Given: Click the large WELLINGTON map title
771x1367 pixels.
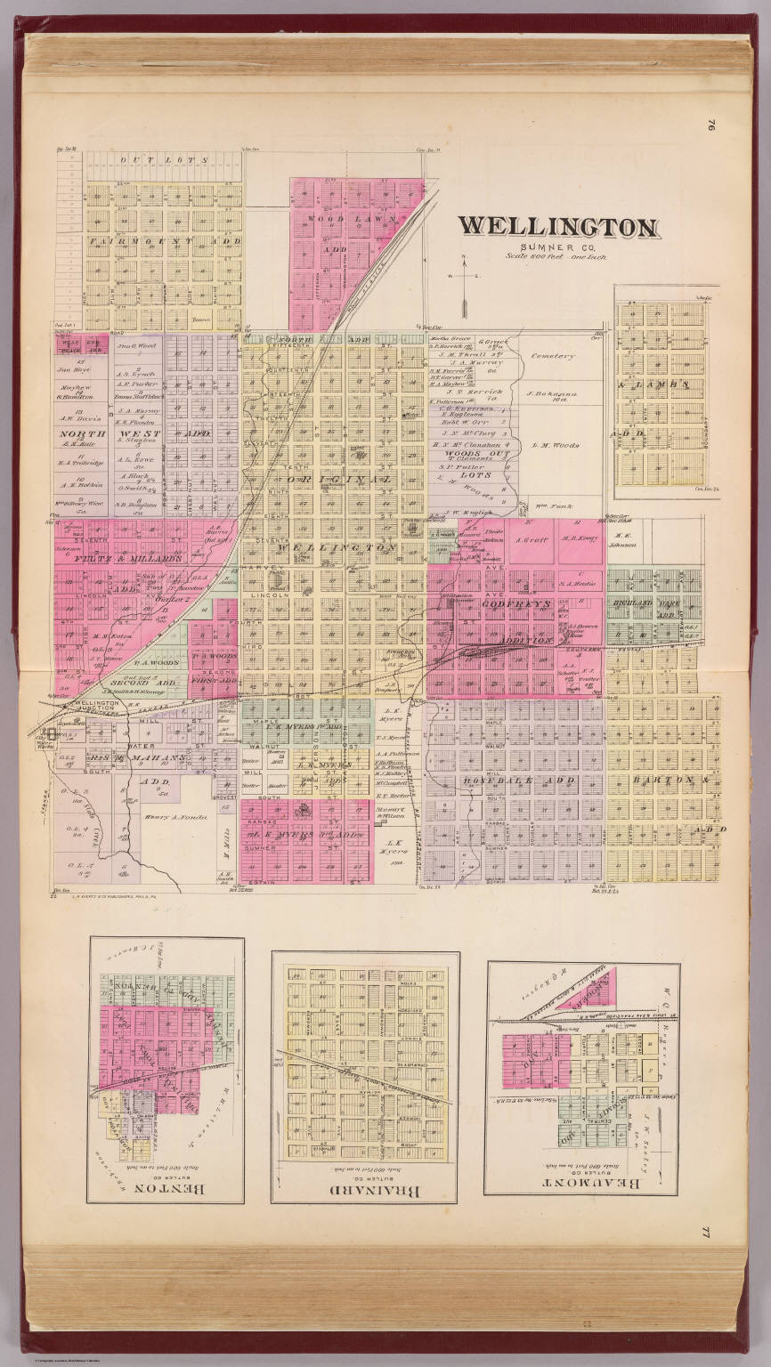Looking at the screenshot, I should pos(558,227).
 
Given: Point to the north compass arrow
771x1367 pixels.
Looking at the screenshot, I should pos(464,285).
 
